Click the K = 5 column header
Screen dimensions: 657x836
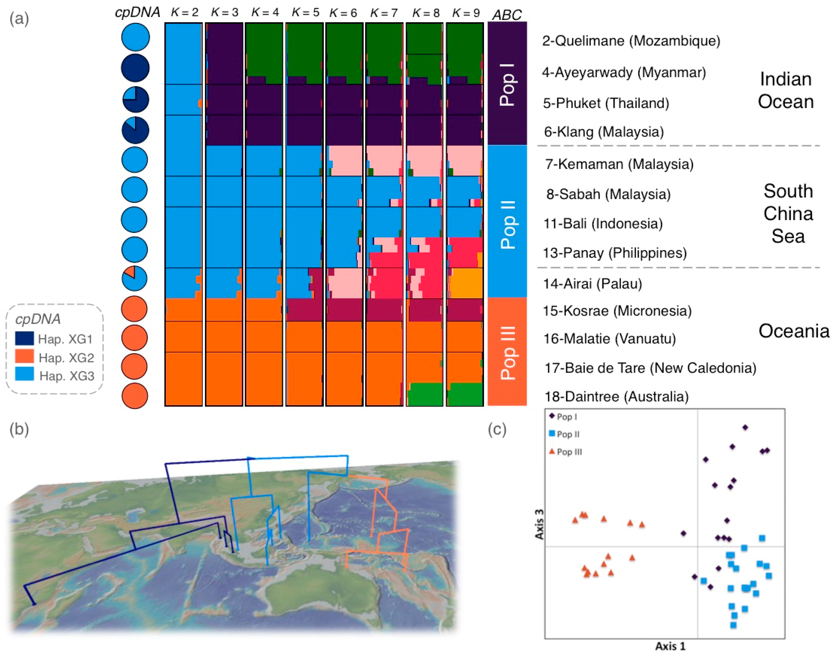pyautogui.click(x=305, y=12)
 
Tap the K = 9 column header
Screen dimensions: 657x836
pyautogui.click(x=466, y=12)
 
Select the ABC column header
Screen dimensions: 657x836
pyautogui.click(x=507, y=15)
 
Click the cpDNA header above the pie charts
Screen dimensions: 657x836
pyautogui.click(x=137, y=12)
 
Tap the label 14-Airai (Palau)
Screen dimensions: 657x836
pyautogui.click(x=592, y=283)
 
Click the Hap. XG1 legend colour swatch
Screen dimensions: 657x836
pyautogui.click(x=24, y=339)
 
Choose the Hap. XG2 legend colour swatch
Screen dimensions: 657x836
pyautogui.click(x=24, y=357)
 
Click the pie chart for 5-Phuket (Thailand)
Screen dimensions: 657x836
pyautogui.click(x=135, y=99)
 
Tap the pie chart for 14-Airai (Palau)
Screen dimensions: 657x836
pyautogui.click(x=134, y=278)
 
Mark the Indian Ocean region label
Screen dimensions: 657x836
pyautogui.click(x=786, y=91)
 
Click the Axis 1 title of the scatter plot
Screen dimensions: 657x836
pyautogui.click(x=670, y=646)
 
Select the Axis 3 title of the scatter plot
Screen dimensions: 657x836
pyautogui.click(x=540, y=524)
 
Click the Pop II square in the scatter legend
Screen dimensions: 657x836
pyautogui.click(x=552, y=433)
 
